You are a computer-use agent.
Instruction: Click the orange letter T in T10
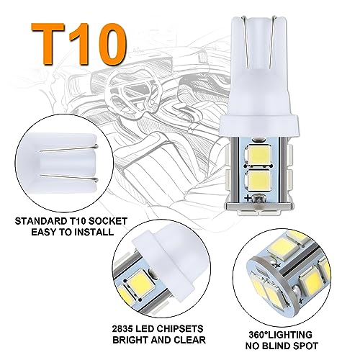pos(48,44)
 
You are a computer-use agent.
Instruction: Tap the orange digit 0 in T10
pos(107,44)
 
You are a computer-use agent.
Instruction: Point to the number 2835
pos(122,328)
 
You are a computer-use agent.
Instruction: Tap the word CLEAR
pos(189,340)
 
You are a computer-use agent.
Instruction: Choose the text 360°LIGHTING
pos(280,335)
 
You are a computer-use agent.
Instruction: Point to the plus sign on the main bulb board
pos(248,198)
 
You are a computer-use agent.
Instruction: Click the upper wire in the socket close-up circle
pos(69,148)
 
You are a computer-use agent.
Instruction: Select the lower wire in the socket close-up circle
pos(69,178)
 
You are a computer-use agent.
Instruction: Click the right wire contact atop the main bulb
pos(273,41)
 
